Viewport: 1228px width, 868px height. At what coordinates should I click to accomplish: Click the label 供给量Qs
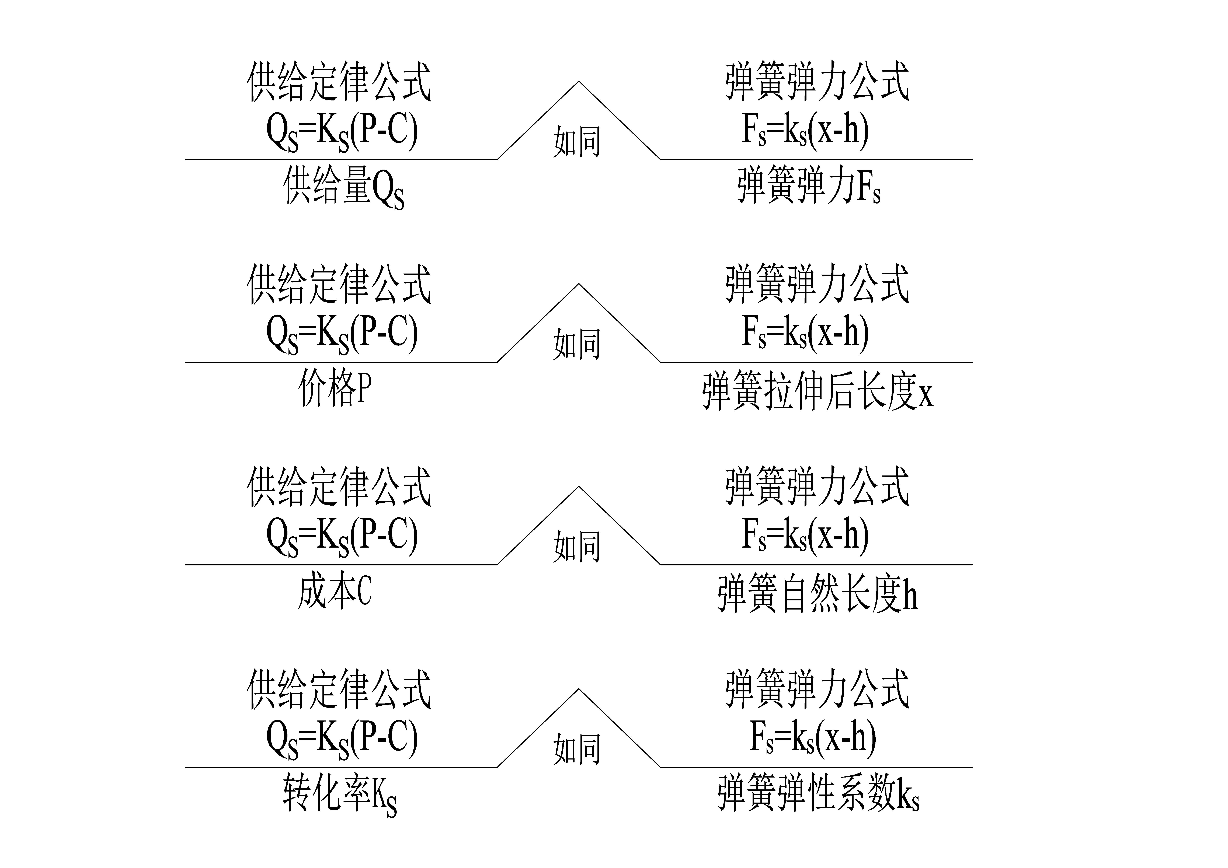click(x=343, y=187)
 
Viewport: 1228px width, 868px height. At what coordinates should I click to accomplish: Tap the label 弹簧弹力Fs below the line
click(x=809, y=185)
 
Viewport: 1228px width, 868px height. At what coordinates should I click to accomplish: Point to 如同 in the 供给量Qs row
click(x=577, y=141)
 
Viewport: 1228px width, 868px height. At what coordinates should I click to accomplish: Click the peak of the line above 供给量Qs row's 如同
click(x=579, y=81)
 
